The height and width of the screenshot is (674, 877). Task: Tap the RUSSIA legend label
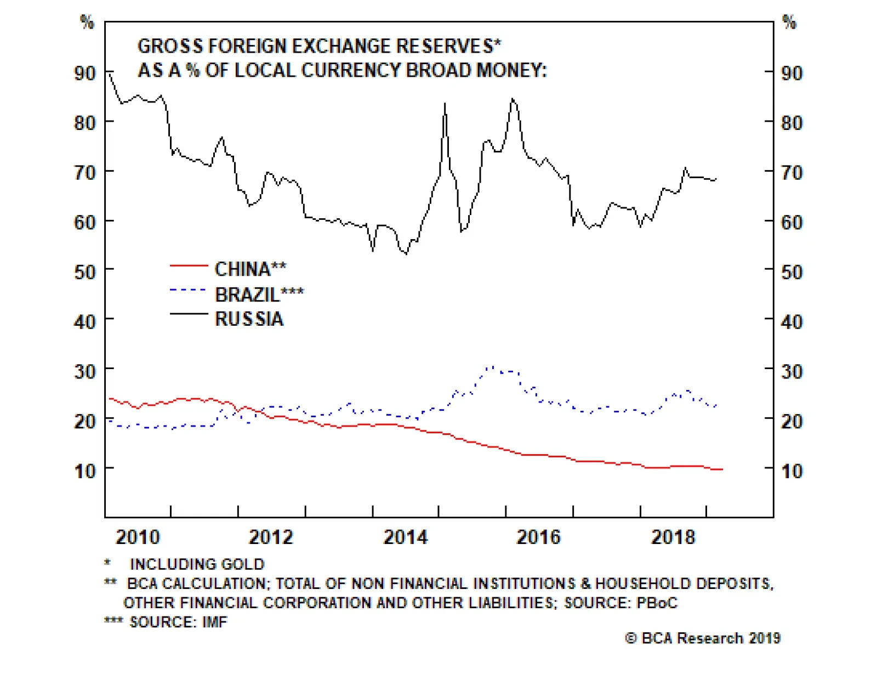tap(249, 319)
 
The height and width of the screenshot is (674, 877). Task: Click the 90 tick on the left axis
tap(85, 73)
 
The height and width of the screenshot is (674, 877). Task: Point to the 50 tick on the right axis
tap(791, 272)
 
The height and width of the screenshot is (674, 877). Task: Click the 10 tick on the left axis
tap(85, 471)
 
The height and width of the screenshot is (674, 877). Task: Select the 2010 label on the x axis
tap(138, 537)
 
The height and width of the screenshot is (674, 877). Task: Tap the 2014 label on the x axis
tap(406, 537)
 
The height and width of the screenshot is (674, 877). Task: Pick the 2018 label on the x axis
tap(673, 537)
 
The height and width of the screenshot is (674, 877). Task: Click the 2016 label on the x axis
tap(539, 537)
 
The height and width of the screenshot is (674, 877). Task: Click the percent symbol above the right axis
tap(789, 22)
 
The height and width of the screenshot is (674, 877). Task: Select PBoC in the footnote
tap(657, 603)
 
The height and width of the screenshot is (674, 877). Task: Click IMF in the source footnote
tap(214, 622)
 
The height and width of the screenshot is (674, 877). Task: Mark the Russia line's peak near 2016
tap(512, 99)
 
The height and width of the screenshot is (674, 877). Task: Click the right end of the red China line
tap(722, 469)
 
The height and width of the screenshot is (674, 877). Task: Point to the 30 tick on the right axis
tap(791, 371)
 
